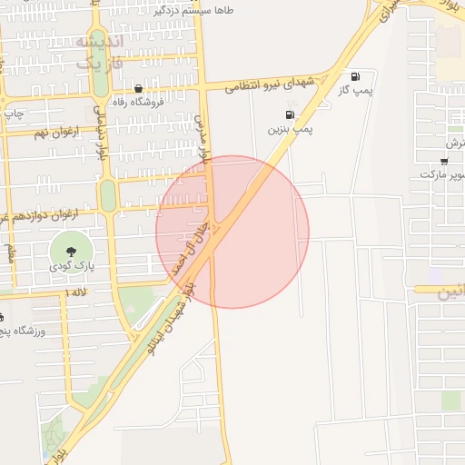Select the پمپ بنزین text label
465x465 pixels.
coord(291,130)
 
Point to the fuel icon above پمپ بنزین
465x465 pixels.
coord(290,115)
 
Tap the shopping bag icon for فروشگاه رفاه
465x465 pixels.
coord(138,89)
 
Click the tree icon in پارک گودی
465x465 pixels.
coord(70,246)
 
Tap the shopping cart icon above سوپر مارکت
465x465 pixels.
coord(442,160)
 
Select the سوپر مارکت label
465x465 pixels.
coord(442,173)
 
